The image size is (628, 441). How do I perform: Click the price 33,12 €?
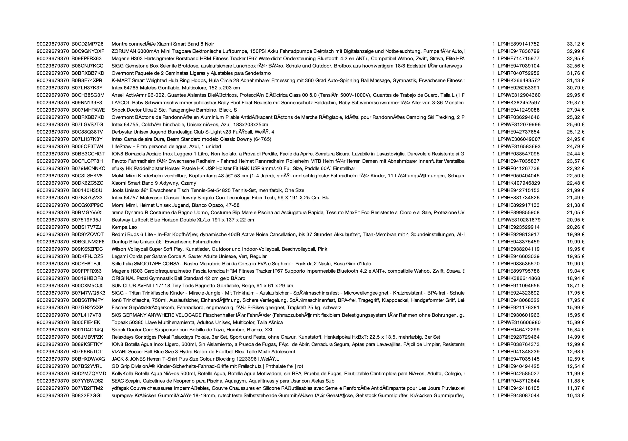click(x=576, y=44)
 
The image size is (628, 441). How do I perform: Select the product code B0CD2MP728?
click(x=88, y=44)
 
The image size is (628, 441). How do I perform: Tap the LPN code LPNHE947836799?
click(x=518, y=51)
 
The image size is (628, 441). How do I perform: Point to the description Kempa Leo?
click(x=124, y=227)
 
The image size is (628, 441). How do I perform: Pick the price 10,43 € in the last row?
click(x=576, y=396)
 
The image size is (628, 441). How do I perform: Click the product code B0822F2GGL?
click(x=88, y=396)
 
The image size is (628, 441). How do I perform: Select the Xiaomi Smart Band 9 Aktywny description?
click(x=154, y=183)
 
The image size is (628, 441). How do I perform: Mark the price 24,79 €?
click(x=576, y=146)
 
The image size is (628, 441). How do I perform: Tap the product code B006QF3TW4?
click(x=88, y=146)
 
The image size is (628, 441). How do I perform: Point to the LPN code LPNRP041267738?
click(x=518, y=168)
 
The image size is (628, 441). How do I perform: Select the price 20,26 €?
click(x=576, y=227)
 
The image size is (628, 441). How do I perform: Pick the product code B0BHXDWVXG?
click(x=88, y=359)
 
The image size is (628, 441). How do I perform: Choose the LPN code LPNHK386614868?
click(x=518, y=278)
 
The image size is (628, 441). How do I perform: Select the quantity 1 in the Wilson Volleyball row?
click(x=493, y=249)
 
